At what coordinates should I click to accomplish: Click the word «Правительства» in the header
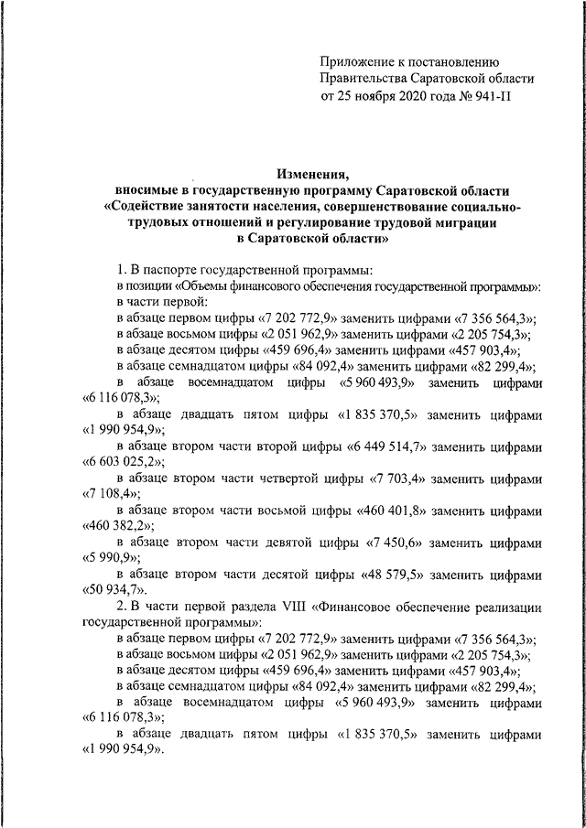[x=365, y=78]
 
